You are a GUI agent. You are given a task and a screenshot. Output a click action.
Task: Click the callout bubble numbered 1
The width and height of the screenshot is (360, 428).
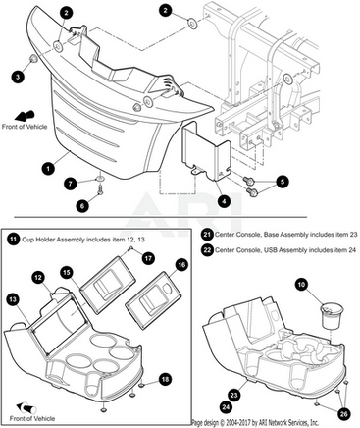(48, 169)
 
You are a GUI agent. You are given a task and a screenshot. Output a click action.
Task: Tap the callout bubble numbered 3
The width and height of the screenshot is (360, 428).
(18, 77)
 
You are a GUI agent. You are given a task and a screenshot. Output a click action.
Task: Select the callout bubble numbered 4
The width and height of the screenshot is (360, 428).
(224, 202)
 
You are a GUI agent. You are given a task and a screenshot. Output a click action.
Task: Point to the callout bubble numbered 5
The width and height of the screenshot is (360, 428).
(283, 182)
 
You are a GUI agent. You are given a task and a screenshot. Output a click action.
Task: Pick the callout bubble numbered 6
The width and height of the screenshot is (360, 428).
(82, 206)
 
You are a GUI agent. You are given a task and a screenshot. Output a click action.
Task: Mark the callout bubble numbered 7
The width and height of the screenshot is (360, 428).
(71, 184)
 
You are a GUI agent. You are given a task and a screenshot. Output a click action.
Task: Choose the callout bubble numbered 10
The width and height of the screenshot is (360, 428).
(301, 284)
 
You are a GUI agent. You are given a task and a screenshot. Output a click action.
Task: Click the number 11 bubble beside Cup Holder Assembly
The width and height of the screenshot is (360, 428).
(13, 240)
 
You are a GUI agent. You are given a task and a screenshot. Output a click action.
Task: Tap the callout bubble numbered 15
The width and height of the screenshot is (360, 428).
(67, 273)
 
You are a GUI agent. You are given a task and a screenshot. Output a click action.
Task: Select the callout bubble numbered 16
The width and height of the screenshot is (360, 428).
(181, 264)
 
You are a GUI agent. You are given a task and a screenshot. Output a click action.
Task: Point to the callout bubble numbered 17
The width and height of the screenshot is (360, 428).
(148, 258)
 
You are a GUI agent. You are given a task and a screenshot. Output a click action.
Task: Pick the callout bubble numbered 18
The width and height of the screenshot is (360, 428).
(166, 379)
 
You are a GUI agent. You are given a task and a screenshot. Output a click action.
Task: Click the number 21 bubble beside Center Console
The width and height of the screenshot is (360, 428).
(207, 235)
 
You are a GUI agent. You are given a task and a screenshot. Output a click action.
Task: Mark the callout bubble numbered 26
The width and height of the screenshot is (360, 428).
(343, 414)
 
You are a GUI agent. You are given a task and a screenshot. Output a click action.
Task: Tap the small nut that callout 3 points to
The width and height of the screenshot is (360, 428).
(33, 59)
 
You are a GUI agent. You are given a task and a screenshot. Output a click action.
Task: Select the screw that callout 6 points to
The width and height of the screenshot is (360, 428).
(100, 189)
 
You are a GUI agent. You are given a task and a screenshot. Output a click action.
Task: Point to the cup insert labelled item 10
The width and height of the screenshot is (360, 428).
(331, 315)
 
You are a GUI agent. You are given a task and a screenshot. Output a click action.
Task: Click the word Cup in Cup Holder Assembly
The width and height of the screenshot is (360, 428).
(26, 240)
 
